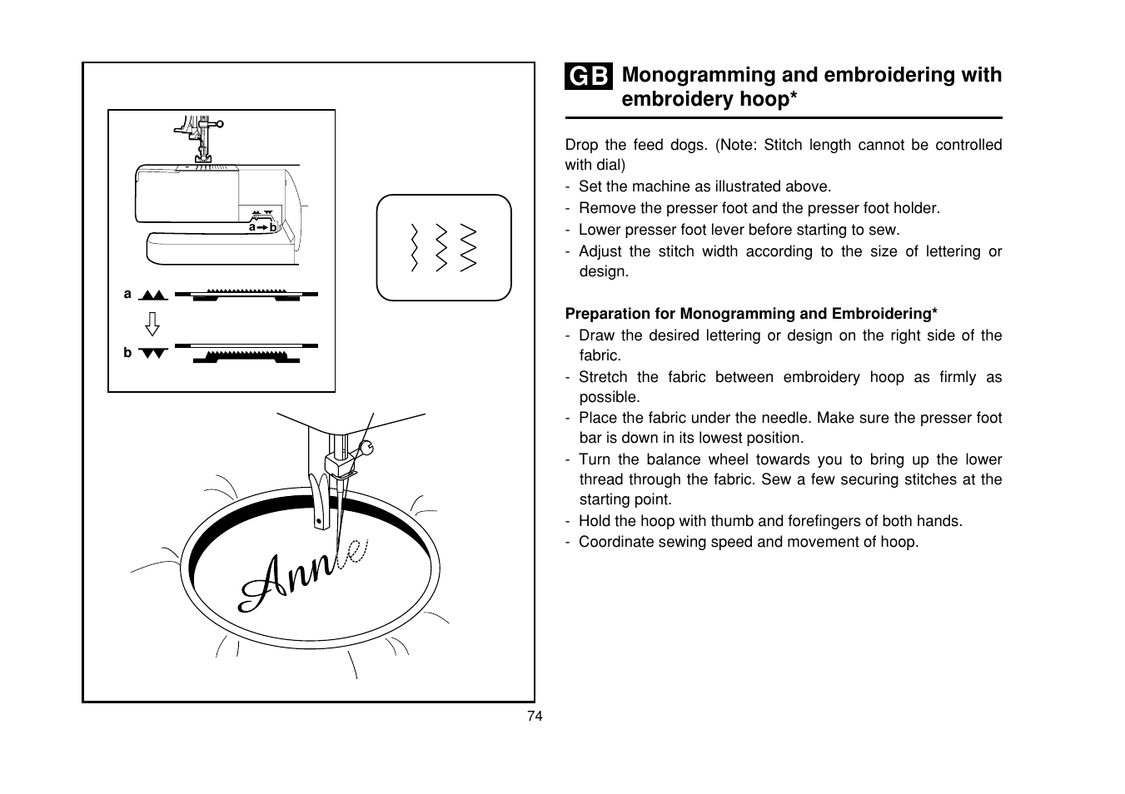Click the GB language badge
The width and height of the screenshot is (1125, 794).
589,77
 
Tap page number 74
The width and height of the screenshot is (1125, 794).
535,717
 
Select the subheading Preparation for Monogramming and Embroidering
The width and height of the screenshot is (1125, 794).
751,314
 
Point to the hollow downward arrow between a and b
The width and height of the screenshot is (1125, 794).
152,323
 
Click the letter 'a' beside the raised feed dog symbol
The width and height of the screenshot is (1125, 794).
127,294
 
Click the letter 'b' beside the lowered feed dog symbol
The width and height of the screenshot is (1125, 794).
127,353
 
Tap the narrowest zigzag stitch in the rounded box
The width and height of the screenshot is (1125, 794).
414,248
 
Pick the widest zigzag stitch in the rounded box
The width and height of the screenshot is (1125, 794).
469,248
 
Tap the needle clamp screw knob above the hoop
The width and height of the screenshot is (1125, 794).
367,449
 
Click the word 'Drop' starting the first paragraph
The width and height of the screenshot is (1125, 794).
581,145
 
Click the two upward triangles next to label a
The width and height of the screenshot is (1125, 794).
154,295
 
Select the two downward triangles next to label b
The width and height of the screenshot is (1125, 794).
154,353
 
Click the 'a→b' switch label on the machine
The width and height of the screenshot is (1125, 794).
262,226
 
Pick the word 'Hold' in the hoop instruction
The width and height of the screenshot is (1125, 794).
595,521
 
